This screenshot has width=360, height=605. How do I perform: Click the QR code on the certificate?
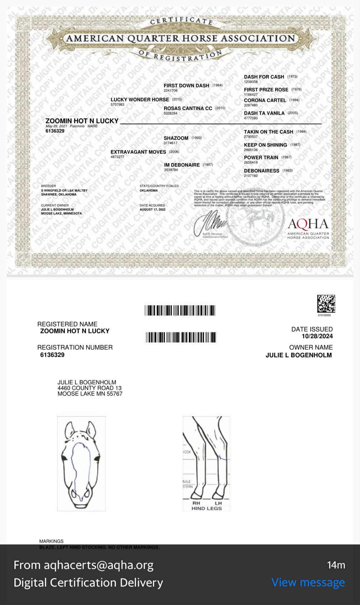tap(326, 303)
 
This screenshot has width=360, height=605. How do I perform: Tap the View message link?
tap(308, 582)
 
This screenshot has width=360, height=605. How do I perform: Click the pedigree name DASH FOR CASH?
tap(264, 77)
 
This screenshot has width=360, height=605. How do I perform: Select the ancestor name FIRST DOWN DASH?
tap(186, 86)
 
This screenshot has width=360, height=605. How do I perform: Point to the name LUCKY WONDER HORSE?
tap(140, 100)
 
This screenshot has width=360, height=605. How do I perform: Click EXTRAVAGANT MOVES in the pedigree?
tap(138, 152)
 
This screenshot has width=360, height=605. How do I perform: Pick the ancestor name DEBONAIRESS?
tap(261, 171)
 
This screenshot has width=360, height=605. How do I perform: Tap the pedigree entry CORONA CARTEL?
tap(265, 101)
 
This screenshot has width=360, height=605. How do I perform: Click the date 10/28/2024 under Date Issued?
tap(317, 336)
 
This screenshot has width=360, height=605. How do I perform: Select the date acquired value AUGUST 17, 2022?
tap(153, 210)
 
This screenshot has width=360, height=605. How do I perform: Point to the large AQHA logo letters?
tap(308, 224)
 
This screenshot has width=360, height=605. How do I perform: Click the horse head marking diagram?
tap(81, 463)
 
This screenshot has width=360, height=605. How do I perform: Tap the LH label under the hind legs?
tap(218, 503)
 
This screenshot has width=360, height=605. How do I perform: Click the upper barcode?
tap(180, 310)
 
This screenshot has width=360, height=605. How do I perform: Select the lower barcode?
tap(181, 337)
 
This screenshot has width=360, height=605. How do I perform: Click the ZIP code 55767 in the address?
tap(114, 394)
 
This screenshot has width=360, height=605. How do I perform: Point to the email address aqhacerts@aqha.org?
tap(98, 565)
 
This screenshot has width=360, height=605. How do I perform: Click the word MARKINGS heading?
tap(51, 541)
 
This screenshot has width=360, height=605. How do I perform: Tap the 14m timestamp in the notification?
tap(336, 565)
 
